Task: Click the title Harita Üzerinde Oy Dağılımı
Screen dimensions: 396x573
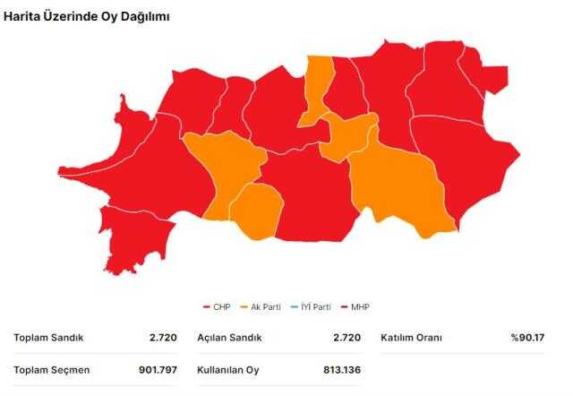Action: [88, 16]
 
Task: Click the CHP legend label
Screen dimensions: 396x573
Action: [221, 307]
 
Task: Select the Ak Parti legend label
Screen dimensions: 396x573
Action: [266, 307]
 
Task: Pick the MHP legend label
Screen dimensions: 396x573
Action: [359, 307]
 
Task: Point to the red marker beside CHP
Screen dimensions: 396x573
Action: [207, 307]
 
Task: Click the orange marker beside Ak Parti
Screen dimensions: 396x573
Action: [245, 307]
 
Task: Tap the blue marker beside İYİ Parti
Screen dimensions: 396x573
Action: [294, 307]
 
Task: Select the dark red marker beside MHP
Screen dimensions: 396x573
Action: [344, 307]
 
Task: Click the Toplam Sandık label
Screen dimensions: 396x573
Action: [48, 338]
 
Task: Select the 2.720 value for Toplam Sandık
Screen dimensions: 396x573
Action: [166, 338]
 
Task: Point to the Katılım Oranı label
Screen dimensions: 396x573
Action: [412, 338]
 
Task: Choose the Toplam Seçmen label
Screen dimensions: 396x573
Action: [52, 369]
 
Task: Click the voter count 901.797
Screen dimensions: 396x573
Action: [158, 369]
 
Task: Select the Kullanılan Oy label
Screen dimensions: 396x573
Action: [227, 369]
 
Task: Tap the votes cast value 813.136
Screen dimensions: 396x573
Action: [342, 369]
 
